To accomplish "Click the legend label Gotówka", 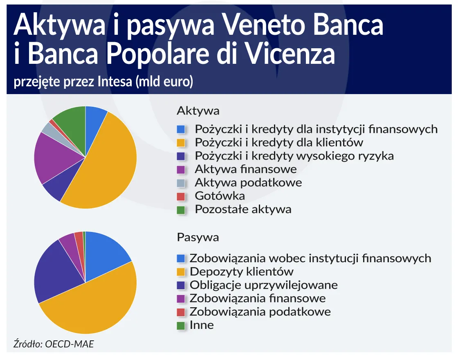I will [220, 196].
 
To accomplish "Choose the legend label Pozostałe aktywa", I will [243, 209].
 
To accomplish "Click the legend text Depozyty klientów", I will [241, 271].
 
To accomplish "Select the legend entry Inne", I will [202, 325].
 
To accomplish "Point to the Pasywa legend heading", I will [198, 237].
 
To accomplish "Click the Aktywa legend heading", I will [198, 111].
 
